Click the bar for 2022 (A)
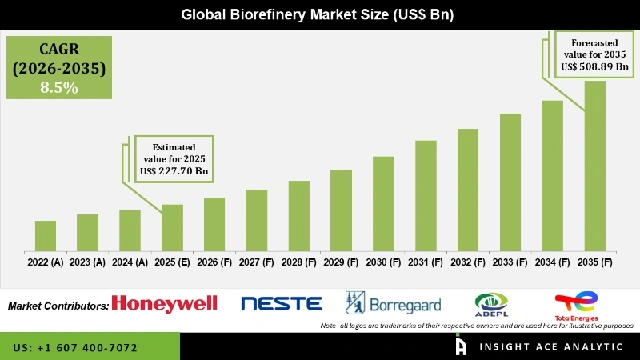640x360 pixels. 46,236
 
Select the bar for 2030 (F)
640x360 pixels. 383,203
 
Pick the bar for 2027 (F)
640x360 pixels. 256,220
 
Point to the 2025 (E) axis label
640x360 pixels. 172,262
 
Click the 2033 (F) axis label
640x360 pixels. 510,262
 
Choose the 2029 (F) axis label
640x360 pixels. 341,262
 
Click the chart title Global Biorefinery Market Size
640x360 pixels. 320,14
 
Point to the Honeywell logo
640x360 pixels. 165,303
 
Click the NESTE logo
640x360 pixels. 281,303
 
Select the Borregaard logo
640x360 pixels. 385,303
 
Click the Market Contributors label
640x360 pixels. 58,306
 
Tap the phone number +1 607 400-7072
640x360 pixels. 75,348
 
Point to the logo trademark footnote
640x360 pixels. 476,326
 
